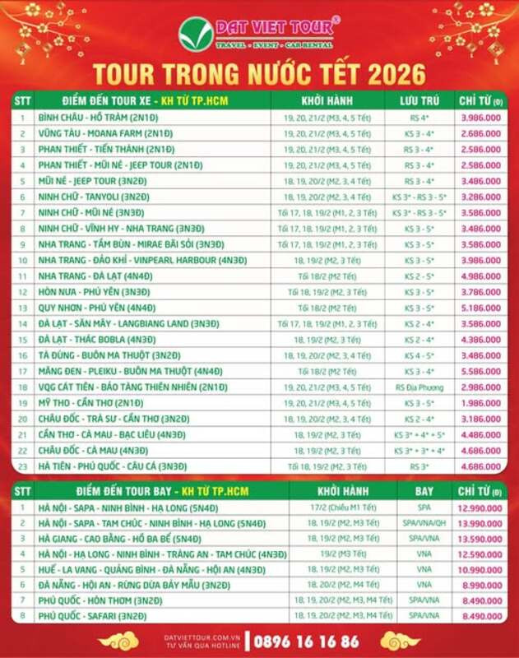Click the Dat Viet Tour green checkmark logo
tap(195, 33)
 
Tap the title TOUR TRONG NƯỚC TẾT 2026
tap(259, 72)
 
